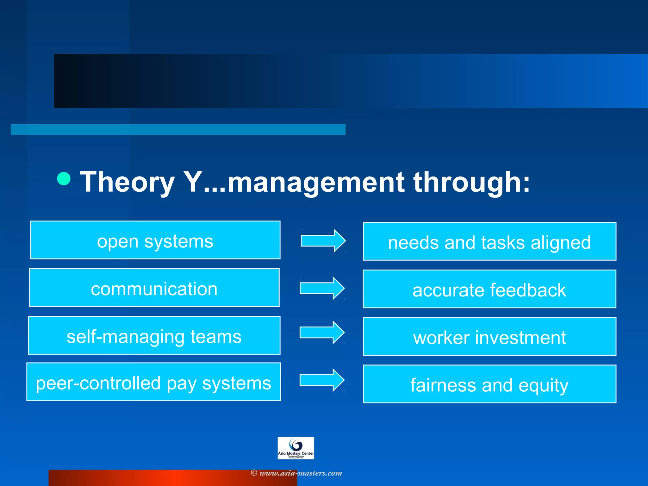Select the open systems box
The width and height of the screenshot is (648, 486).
pos(155,240)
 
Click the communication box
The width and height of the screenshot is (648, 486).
pos(154,288)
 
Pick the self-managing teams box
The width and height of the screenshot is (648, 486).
pos(154,335)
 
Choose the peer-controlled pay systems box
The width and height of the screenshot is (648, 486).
pos(153,382)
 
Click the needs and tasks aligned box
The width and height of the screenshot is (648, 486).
pos(489,241)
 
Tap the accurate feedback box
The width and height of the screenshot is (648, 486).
pos(489,289)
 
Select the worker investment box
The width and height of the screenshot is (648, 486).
pos(489,336)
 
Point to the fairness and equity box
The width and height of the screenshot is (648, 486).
pos(489,384)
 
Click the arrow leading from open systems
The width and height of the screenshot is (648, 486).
pos(323,241)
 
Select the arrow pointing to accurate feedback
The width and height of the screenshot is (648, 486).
pos(322,288)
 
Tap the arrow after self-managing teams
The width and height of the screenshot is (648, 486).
pos(322,333)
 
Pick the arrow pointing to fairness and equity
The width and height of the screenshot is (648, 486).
pos(322,380)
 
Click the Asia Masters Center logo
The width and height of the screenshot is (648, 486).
pos(296,448)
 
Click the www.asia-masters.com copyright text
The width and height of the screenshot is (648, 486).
pos(296,473)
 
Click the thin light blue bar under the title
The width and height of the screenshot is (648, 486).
pos(178,129)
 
